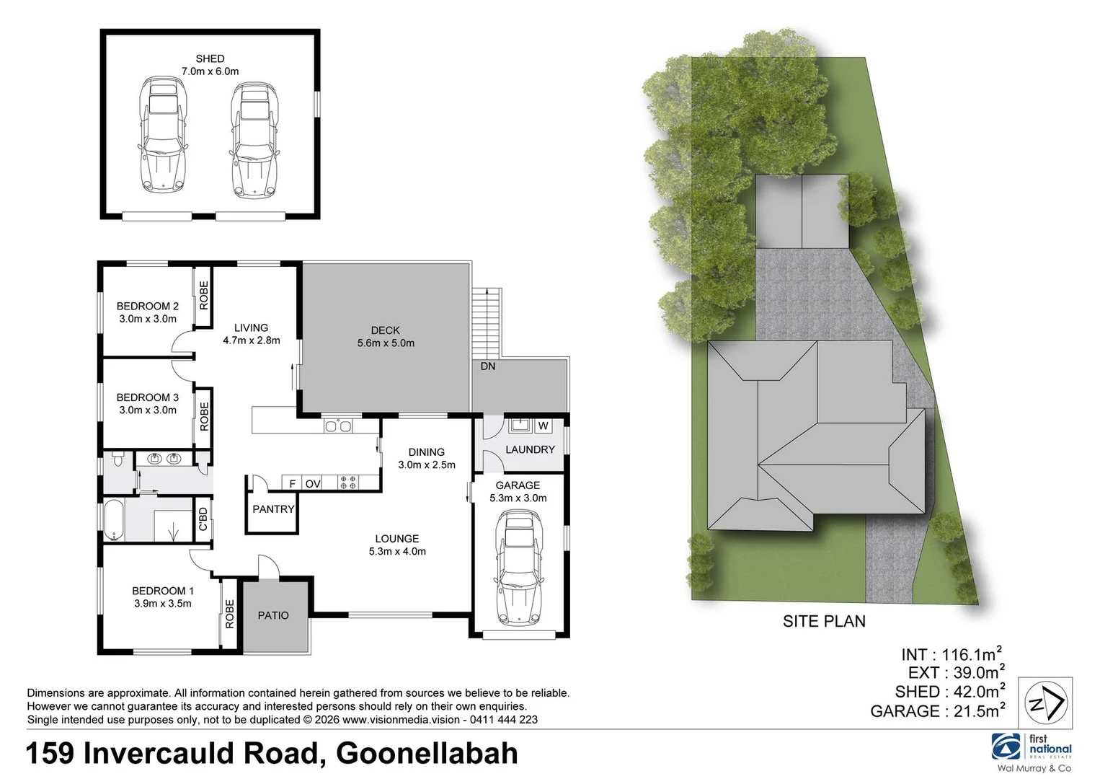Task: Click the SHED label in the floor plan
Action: click(x=210, y=58)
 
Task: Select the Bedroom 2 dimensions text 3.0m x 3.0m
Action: click(x=148, y=319)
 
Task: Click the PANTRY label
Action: click(x=273, y=509)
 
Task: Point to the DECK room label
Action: click(x=386, y=330)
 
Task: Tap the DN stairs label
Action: click(x=488, y=366)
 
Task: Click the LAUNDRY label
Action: click(x=530, y=449)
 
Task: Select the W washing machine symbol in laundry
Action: click(x=544, y=426)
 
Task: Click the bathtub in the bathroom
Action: click(x=115, y=519)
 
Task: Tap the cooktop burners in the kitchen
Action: click(x=348, y=483)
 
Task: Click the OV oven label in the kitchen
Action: click(x=313, y=483)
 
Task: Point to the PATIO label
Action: click(x=273, y=615)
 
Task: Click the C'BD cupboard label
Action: click(x=203, y=519)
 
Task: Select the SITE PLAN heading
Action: click(x=824, y=621)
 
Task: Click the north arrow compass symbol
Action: click(x=1046, y=703)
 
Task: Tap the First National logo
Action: click(x=1032, y=747)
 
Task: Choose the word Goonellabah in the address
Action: click(x=427, y=754)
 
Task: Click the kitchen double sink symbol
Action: click(x=338, y=426)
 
